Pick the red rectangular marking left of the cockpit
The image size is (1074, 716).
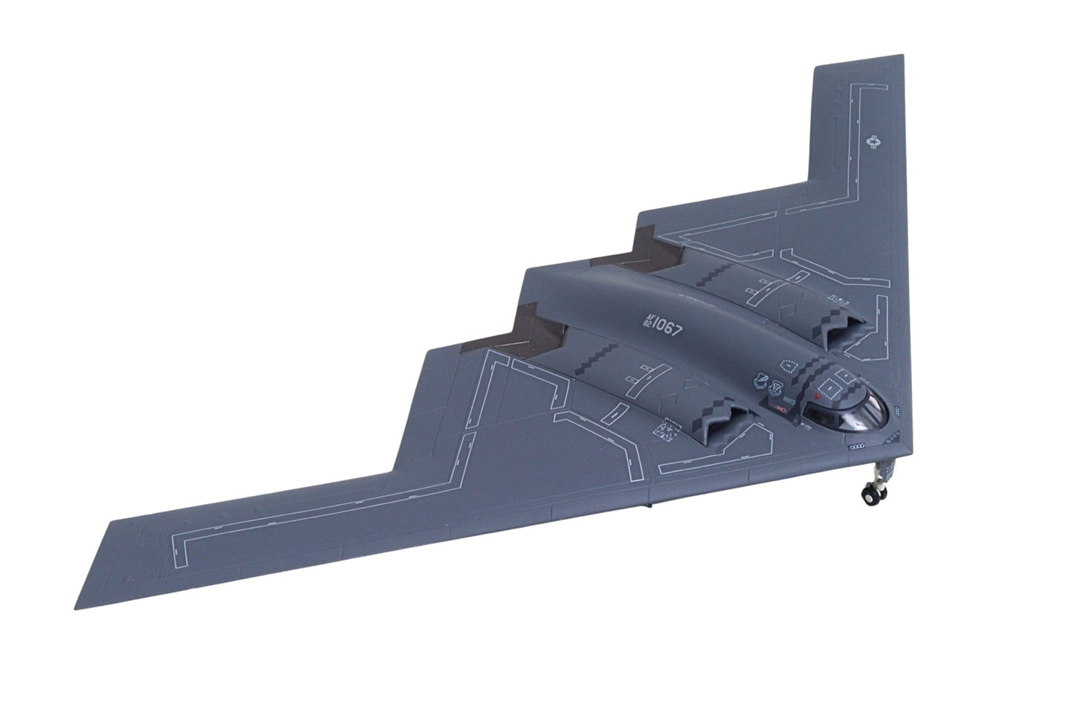click(x=780, y=408)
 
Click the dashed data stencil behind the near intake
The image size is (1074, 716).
click(x=665, y=431)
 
